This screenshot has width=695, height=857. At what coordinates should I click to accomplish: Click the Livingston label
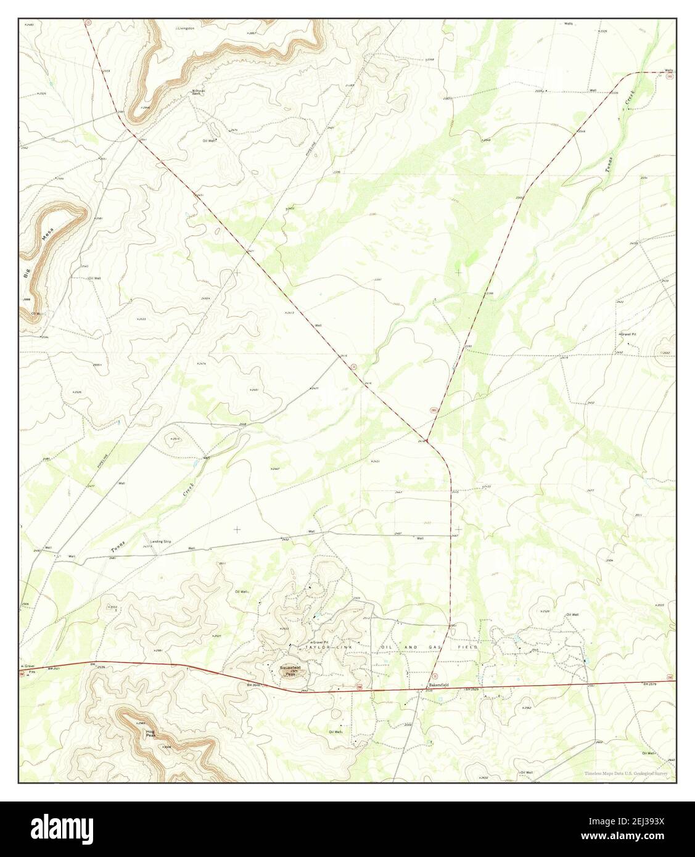click(186, 28)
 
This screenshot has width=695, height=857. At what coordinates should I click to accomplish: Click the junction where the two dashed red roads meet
click(427, 440)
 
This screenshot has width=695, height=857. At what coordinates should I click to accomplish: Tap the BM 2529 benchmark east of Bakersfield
click(472, 689)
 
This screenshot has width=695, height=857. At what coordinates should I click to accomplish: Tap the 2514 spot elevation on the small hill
click(175, 438)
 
